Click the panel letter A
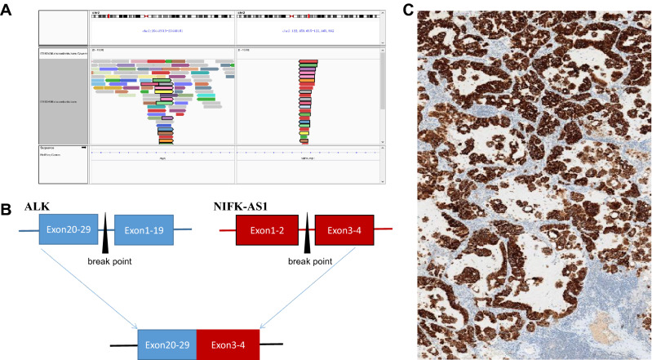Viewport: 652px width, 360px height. click(x=7, y=7)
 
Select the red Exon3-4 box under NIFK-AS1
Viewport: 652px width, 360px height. click(x=344, y=229)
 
